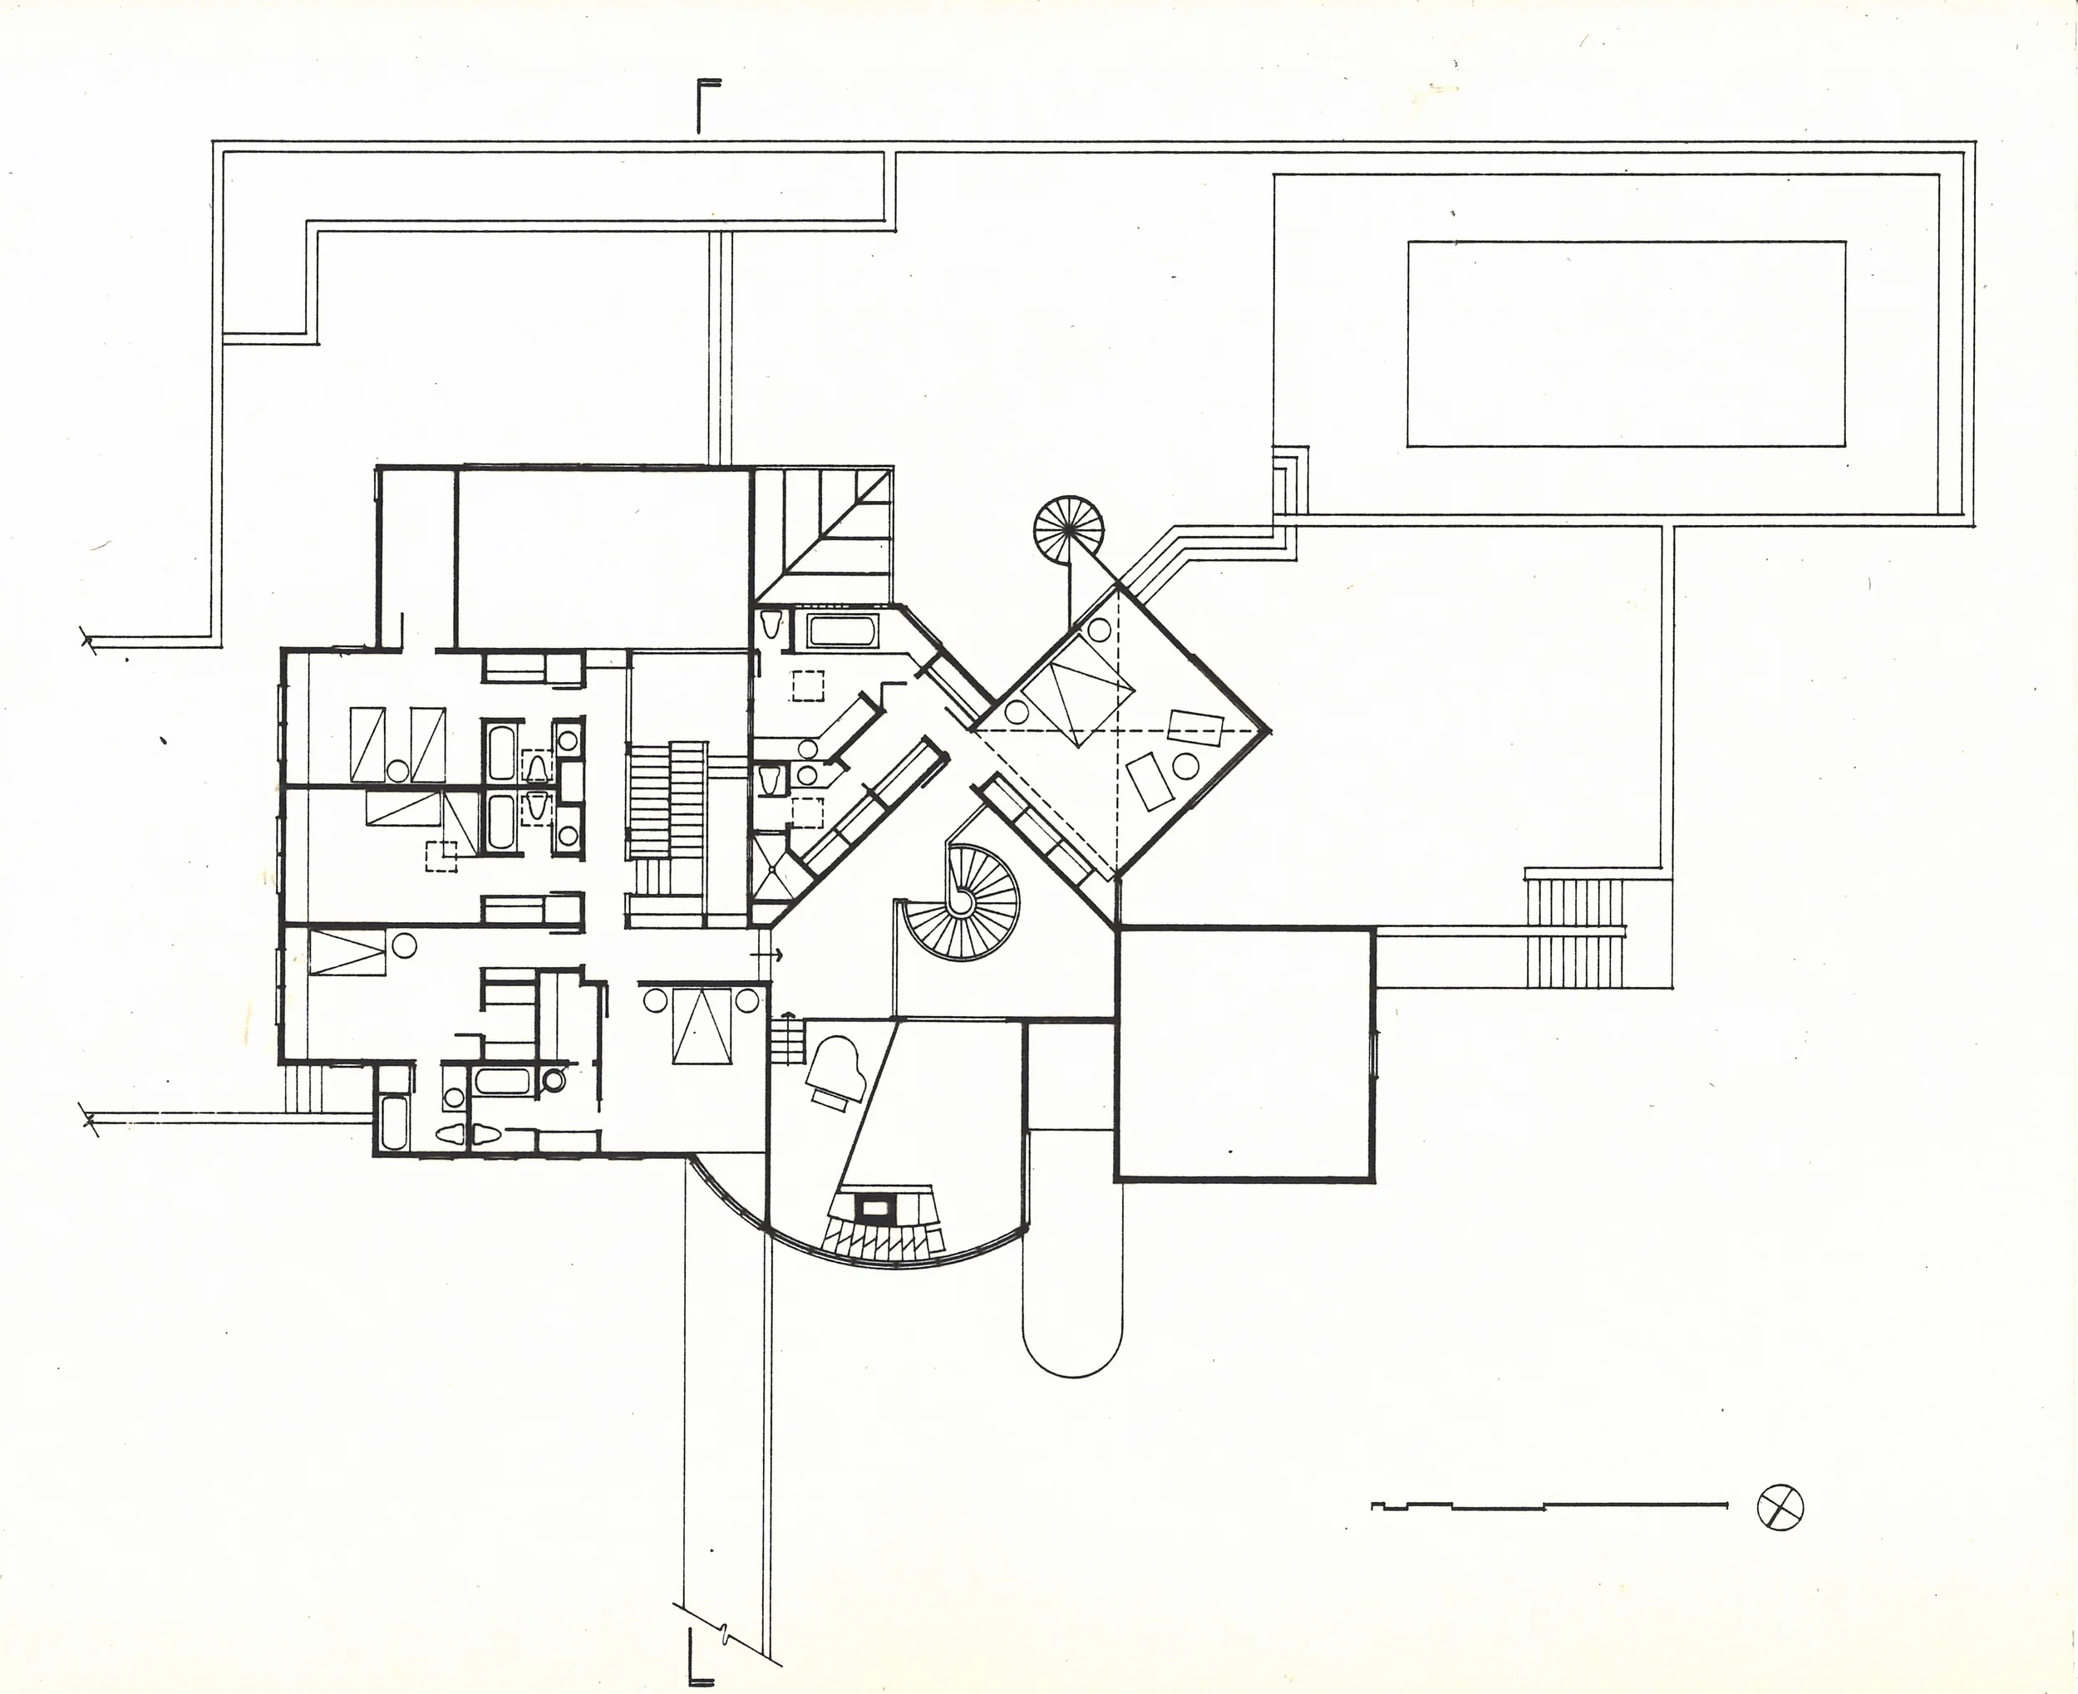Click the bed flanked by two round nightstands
tap(702, 1024)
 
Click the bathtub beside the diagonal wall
tap(844, 630)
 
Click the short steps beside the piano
tap(785, 1042)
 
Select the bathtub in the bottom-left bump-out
tap(393, 1123)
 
